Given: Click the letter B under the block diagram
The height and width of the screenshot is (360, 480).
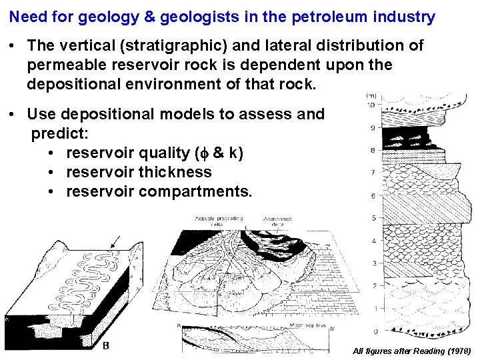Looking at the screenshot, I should coord(106,345).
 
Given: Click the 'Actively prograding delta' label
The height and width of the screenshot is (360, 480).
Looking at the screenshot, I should coord(219,221).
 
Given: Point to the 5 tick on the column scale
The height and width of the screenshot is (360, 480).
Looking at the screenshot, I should coord(373,218).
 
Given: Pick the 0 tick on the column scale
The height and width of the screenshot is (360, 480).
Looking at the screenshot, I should coord(375,331).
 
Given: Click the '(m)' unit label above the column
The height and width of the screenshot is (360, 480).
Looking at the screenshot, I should coord(371,96).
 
